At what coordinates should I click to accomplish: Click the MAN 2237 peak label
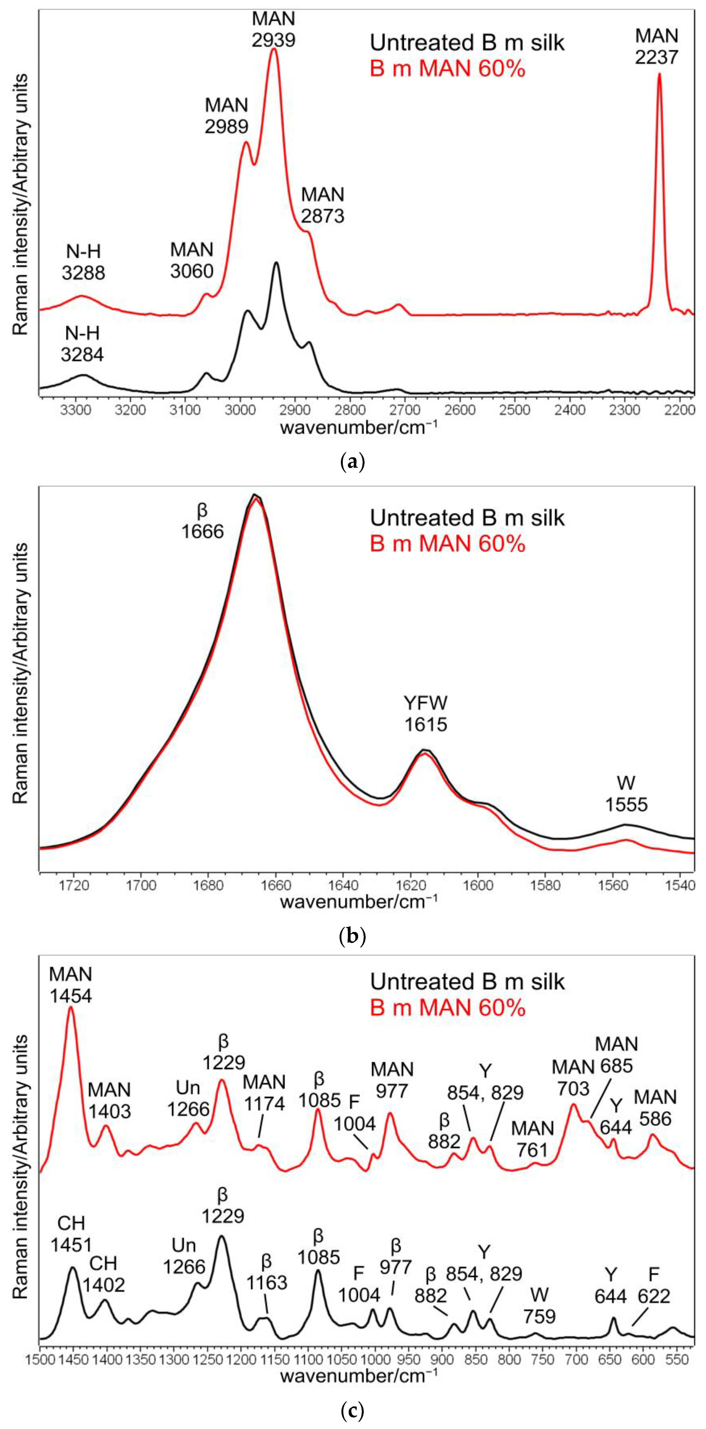[x=657, y=46]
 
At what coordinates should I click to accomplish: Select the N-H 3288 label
[x=83, y=262]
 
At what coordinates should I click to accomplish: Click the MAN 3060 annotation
[x=192, y=260]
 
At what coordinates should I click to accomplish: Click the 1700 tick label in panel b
[x=141, y=885]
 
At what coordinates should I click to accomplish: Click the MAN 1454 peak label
[x=70, y=985]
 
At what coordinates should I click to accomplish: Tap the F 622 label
[x=654, y=1286]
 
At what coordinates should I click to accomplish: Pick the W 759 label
[x=539, y=1305]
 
